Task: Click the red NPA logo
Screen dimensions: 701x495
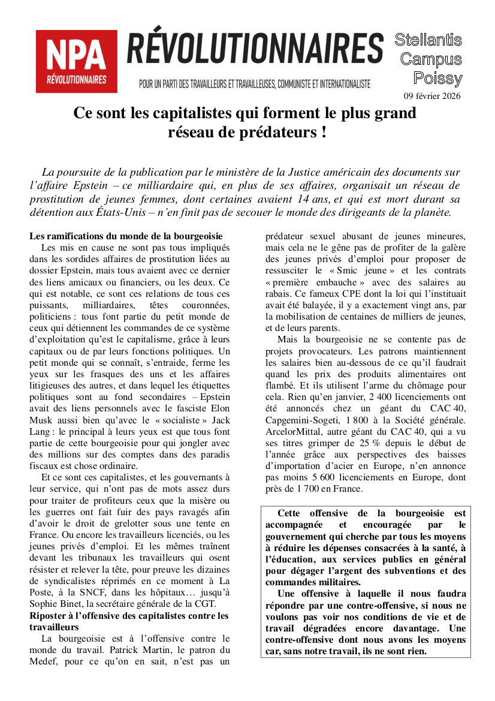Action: coord(76,62)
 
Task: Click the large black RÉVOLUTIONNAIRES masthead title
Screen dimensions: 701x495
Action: coord(255,49)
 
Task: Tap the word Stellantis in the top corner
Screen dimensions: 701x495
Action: coord(428,40)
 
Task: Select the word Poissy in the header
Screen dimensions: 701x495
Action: coord(438,78)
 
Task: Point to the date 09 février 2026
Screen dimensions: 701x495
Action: coord(432,96)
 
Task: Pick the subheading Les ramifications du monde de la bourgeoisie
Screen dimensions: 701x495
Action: coord(126,236)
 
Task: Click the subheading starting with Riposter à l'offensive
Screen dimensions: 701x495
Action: coord(129,616)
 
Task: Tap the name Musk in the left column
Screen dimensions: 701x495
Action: coord(41,420)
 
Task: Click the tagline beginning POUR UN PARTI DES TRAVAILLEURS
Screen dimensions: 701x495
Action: coord(255,84)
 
